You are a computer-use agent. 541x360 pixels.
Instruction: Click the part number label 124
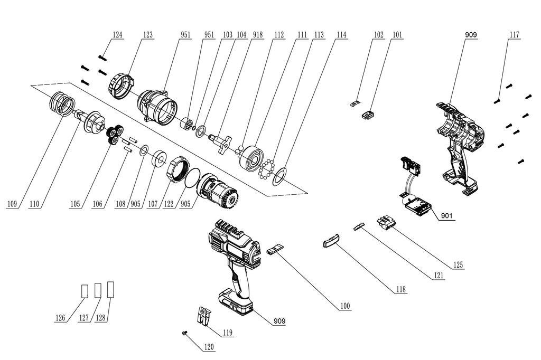[117, 35]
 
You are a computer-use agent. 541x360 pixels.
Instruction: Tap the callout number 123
[147, 35]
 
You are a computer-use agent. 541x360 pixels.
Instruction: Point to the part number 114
[341, 35]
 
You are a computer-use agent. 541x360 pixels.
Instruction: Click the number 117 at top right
[514, 35]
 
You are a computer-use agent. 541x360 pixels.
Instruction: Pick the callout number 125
[458, 265]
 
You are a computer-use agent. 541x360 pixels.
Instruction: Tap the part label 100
[344, 306]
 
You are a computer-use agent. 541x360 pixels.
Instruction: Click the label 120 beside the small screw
[209, 347]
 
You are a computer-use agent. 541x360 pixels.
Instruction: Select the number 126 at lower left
[61, 318]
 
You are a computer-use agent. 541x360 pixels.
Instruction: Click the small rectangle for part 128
[111, 289]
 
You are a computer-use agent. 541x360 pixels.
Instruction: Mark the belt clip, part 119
[203, 315]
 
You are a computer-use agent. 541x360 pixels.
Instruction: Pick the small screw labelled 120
[183, 333]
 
